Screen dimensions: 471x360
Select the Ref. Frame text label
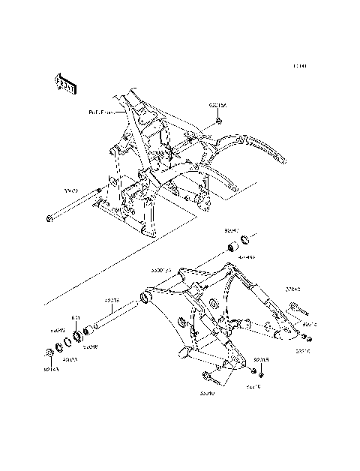click(105, 112)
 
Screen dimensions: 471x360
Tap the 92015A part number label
click(217, 107)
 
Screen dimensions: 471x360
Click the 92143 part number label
click(50, 367)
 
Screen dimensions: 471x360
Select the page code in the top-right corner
click(300, 66)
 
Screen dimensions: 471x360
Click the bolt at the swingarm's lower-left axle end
click(207, 373)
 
